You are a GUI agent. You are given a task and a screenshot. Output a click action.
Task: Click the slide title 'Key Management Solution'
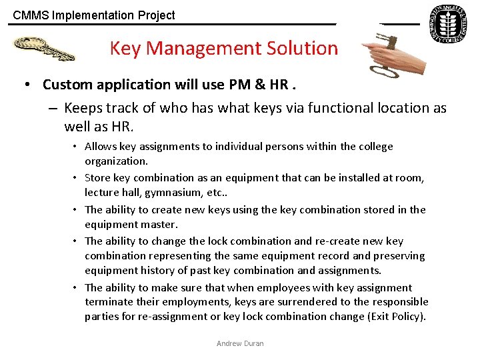(x=223, y=48)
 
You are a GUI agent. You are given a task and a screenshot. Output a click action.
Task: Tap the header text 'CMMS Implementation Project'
(x=94, y=15)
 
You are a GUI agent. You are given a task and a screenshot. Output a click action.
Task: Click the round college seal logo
(x=447, y=25)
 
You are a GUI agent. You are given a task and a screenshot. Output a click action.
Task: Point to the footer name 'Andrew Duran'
(x=240, y=343)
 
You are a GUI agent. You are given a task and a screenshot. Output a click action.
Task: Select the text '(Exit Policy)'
(x=397, y=317)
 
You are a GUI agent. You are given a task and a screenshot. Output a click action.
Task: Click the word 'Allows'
(x=100, y=147)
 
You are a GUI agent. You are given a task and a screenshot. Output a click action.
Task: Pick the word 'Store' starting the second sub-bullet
(x=97, y=178)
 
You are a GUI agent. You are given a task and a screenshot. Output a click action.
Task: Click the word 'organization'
(x=115, y=161)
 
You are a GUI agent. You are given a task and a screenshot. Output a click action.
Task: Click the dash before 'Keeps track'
(x=53, y=108)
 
